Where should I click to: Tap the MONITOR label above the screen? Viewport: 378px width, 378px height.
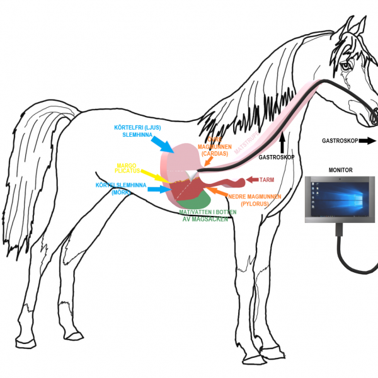341,170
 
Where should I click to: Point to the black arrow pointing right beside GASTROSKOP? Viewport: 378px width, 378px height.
367,141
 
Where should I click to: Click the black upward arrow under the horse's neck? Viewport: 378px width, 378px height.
282,140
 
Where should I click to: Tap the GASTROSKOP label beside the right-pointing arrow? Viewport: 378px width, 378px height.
340,141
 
